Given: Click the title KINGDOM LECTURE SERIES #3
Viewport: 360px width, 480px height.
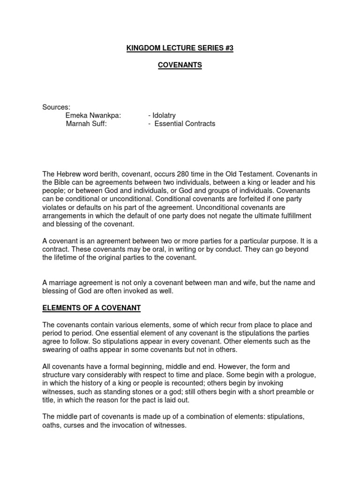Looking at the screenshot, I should (180, 48).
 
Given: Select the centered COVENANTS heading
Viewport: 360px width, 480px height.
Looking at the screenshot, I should (180, 66).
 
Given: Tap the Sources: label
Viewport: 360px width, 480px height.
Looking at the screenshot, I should (56, 107).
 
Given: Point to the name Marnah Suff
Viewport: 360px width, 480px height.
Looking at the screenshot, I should (86, 124).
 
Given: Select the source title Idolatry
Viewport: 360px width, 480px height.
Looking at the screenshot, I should (164, 115).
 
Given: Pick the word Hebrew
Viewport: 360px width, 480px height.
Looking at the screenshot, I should (68, 174).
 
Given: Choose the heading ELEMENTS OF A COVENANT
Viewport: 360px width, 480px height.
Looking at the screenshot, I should (91, 308).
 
